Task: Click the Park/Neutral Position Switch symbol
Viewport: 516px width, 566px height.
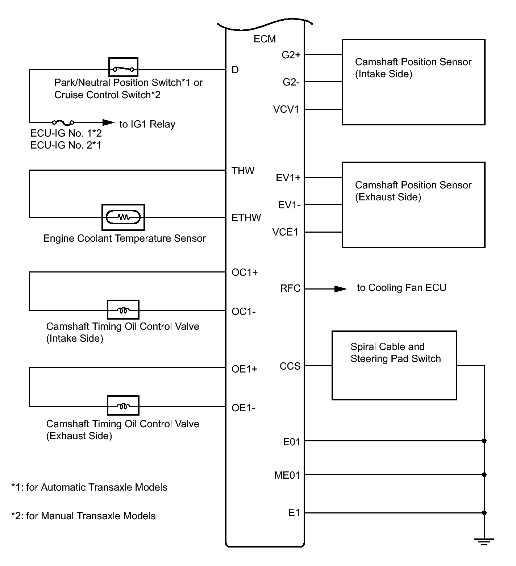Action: click(x=123, y=67)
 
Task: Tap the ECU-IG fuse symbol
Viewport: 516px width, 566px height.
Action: click(x=63, y=122)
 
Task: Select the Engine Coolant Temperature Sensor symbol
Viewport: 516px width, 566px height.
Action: click(x=123, y=217)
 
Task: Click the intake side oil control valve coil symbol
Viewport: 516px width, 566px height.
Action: click(x=123, y=310)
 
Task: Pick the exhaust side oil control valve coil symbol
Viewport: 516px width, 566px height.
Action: click(x=123, y=405)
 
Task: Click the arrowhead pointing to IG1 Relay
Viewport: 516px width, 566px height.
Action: click(x=108, y=122)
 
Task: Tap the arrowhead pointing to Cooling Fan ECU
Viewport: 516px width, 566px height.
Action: click(x=340, y=289)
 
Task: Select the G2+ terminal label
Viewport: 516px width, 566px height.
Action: click(x=291, y=55)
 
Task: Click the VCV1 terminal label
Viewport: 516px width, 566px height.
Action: click(x=286, y=109)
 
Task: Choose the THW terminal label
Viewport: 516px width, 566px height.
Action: click(x=243, y=171)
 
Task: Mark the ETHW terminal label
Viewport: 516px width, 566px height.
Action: click(x=246, y=217)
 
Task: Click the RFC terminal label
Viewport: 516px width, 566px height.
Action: click(x=290, y=288)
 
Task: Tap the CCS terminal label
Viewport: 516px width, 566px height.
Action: click(x=290, y=366)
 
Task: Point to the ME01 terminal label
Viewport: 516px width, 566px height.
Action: click(x=287, y=475)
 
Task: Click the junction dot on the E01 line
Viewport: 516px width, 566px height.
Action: click(x=484, y=441)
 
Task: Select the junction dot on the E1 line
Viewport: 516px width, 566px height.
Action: click(x=484, y=513)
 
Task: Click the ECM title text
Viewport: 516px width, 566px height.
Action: click(x=265, y=39)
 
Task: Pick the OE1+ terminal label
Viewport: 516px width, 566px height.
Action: click(x=244, y=369)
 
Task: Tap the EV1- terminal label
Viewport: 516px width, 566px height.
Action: click(x=289, y=205)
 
